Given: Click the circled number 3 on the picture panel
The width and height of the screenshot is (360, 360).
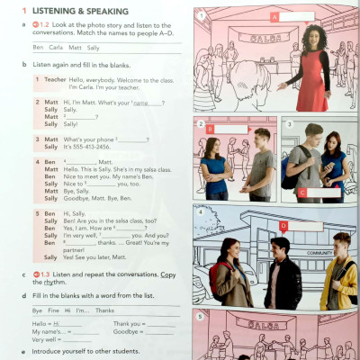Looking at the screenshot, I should click(287, 123).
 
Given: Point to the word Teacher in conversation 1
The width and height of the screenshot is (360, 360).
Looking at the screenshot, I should click(55, 79).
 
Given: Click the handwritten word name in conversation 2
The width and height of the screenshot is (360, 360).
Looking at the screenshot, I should click(140, 102).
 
